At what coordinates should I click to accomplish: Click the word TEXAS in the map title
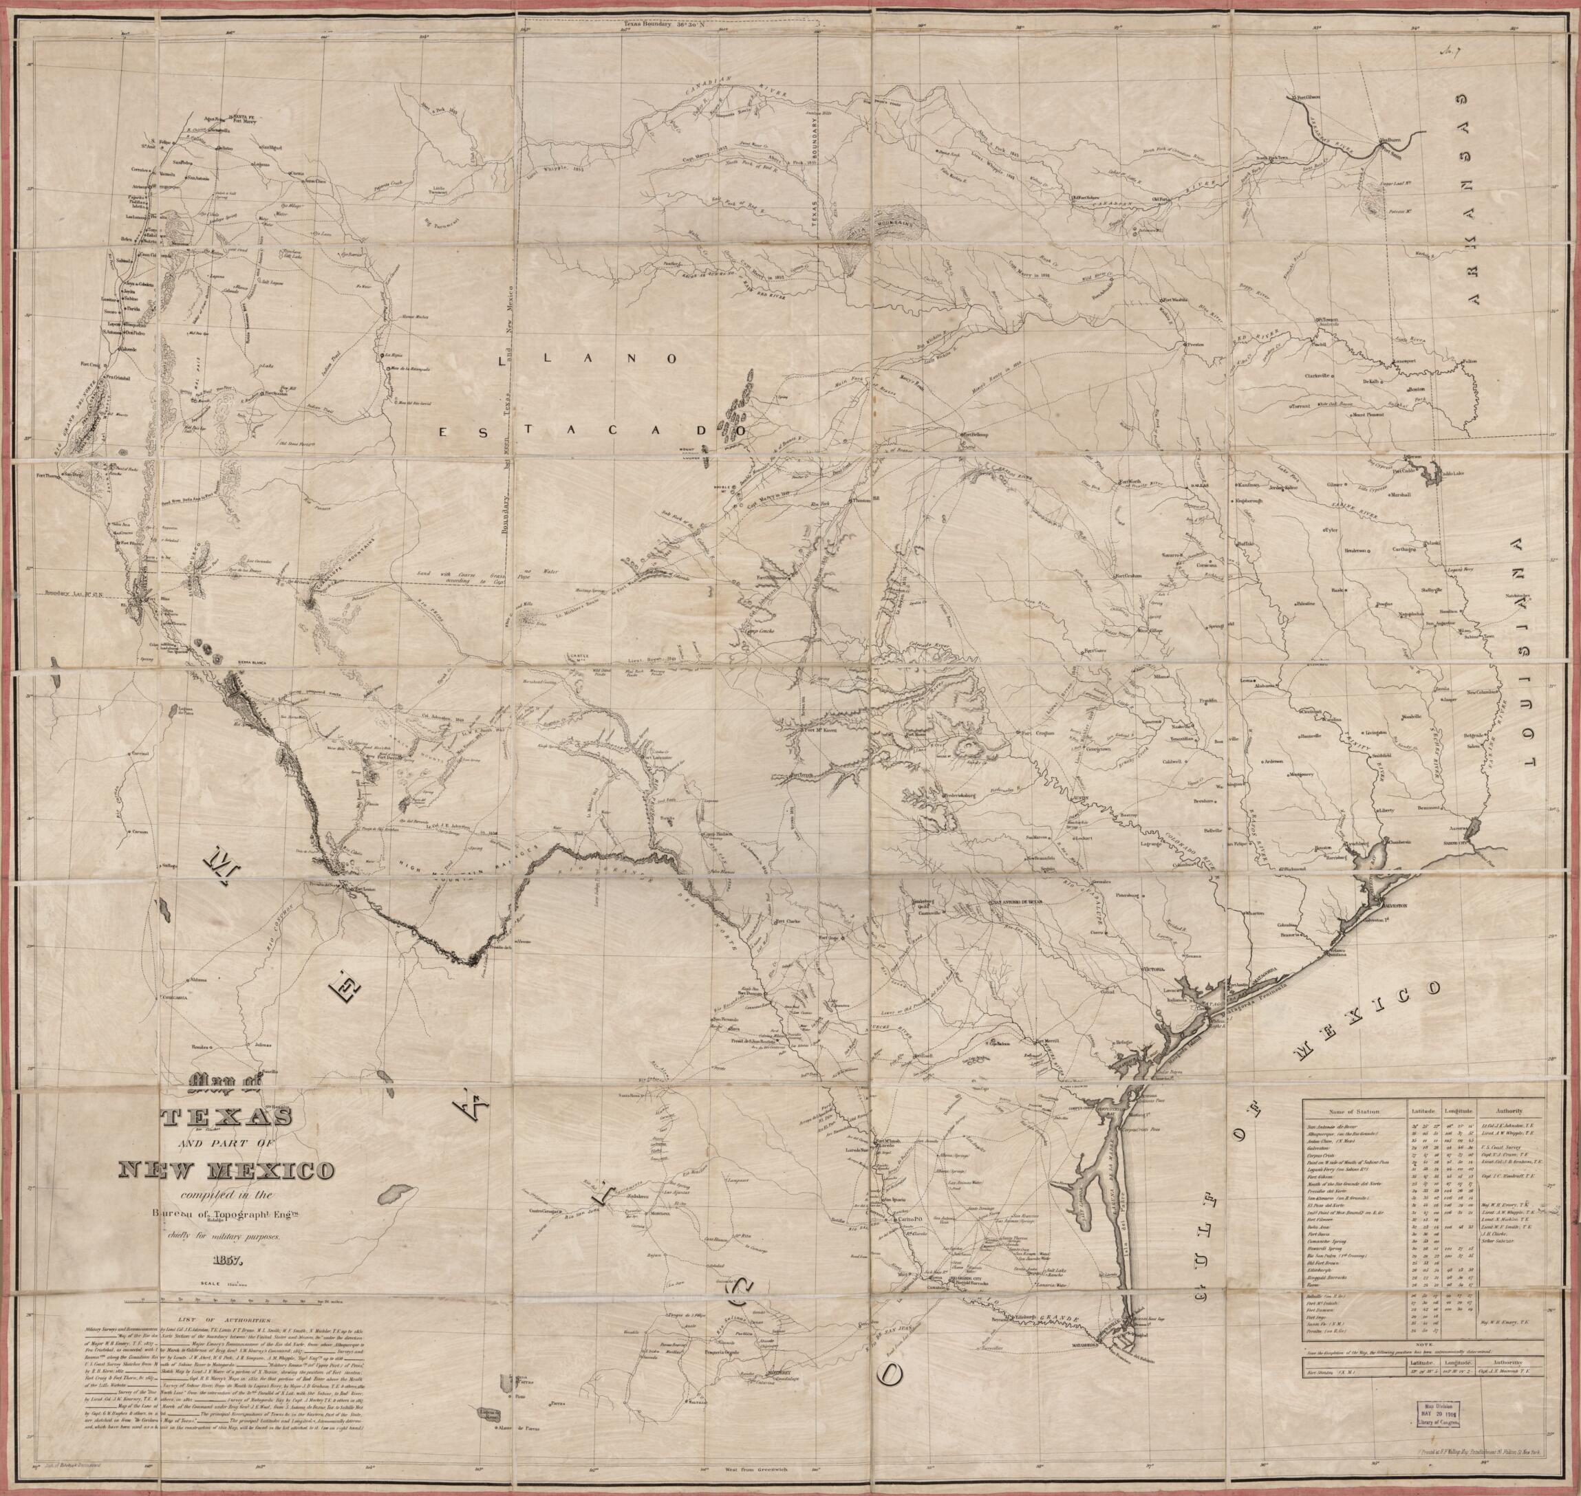[227, 1117]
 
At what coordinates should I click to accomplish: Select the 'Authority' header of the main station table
[1509, 1110]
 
